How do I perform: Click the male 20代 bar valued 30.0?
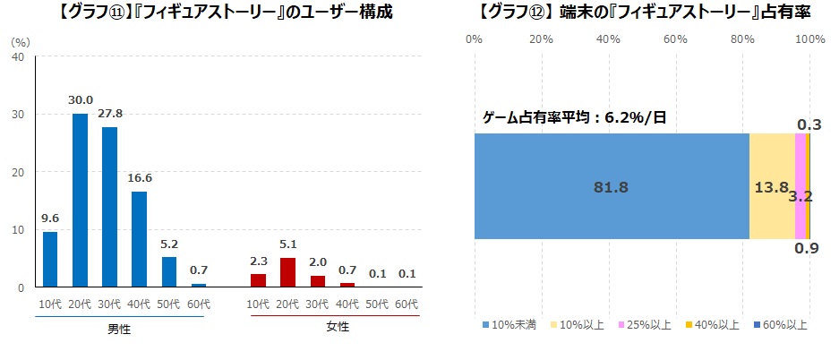(x=80, y=200)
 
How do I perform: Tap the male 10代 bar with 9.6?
(x=50, y=259)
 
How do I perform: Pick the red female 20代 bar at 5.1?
(x=287, y=272)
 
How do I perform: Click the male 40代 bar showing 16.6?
(x=139, y=239)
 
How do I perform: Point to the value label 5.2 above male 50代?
(x=168, y=243)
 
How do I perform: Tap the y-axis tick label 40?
(x=17, y=56)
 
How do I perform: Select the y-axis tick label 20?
(x=17, y=172)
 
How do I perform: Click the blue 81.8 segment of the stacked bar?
(x=611, y=186)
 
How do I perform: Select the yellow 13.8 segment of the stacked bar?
(x=771, y=186)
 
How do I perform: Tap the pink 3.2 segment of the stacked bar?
(x=800, y=186)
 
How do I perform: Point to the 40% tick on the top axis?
(x=608, y=39)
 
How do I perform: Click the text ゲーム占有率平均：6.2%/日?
(x=574, y=117)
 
